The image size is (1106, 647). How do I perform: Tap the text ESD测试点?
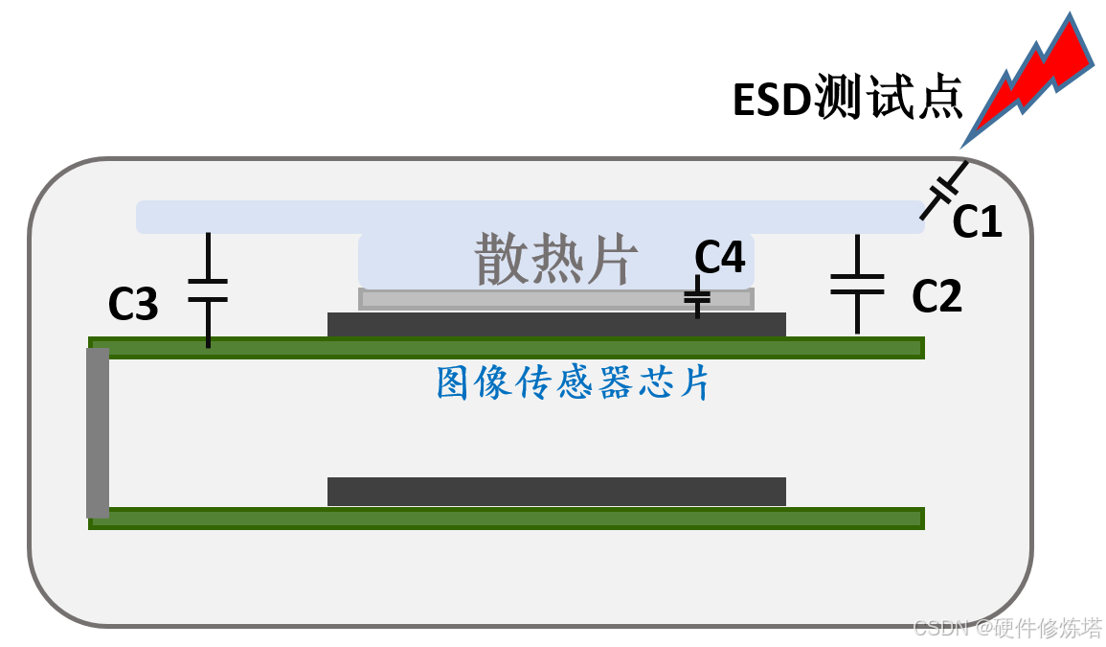[846, 99]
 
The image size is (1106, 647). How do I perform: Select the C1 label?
[977, 222]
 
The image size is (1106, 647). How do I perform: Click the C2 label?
[936, 297]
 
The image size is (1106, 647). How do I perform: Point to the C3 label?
[132, 304]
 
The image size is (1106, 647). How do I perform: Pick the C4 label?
[719, 257]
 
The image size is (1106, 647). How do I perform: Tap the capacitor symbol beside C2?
[857, 285]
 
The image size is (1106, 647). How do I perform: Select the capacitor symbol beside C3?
[208, 289]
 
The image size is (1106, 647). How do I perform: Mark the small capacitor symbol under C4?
[697, 299]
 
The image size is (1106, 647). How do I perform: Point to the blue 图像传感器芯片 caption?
[573, 382]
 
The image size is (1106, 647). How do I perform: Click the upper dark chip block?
[556, 325]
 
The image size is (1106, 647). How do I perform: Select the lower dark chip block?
[556, 491]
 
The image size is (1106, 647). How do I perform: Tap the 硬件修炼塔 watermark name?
[1049, 628]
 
